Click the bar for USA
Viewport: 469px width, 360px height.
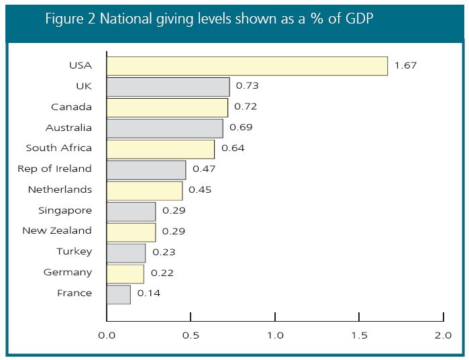click(247, 66)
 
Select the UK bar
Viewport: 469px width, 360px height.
click(168, 87)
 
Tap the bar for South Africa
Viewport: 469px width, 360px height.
click(160, 148)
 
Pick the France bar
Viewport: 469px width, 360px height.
click(118, 294)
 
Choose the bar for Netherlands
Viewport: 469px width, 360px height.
click(144, 190)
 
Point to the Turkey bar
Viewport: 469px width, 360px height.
click(126, 253)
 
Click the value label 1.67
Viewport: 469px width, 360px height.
click(405, 65)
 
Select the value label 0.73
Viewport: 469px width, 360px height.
click(247, 86)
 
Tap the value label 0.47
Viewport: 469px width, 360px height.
click(203, 169)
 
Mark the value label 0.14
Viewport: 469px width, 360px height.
click(148, 294)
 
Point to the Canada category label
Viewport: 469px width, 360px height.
click(72, 107)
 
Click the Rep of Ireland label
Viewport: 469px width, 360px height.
click(54, 169)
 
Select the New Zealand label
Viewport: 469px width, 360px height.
click(56, 230)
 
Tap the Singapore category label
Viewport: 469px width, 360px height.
click(65, 210)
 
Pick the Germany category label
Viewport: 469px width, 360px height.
click(68, 272)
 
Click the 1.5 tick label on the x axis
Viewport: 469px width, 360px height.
click(359, 334)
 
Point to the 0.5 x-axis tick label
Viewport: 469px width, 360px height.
click(191, 334)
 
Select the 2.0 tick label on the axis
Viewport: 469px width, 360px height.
click(443, 334)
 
